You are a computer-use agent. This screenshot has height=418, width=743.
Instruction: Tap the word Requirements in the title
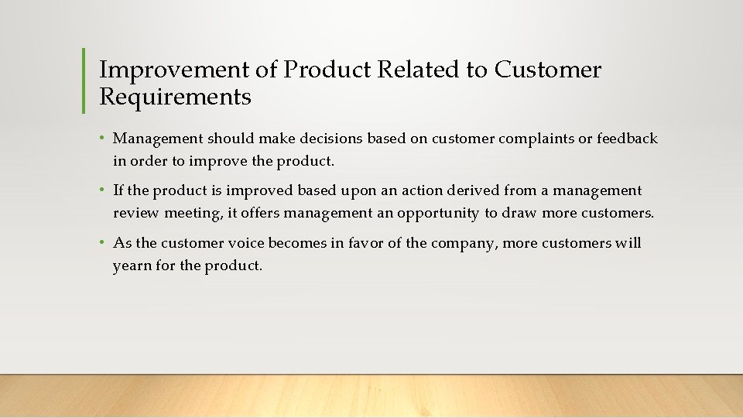175,98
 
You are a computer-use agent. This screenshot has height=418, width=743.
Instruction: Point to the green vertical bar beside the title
84,81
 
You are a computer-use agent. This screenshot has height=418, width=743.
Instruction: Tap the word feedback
626,139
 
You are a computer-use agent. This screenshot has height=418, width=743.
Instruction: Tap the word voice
245,243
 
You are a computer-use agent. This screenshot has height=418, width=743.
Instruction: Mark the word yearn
131,266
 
